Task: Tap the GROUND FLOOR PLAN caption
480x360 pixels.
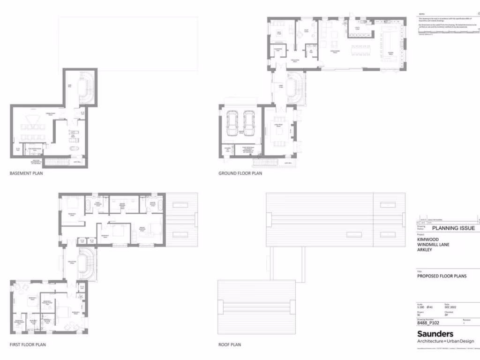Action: pos(240,173)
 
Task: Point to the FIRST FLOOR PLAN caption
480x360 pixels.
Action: pos(28,345)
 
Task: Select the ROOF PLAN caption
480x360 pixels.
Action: pos(229,345)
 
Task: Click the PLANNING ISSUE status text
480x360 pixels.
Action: pos(453,228)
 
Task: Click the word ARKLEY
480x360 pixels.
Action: pos(424,250)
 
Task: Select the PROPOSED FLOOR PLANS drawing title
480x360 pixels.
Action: pos(442,277)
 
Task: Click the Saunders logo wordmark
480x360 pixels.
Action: pos(435,334)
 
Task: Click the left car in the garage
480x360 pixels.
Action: pos(233,123)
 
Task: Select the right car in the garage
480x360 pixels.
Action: pos(248,123)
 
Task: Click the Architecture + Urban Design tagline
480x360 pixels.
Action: pos(446,341)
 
